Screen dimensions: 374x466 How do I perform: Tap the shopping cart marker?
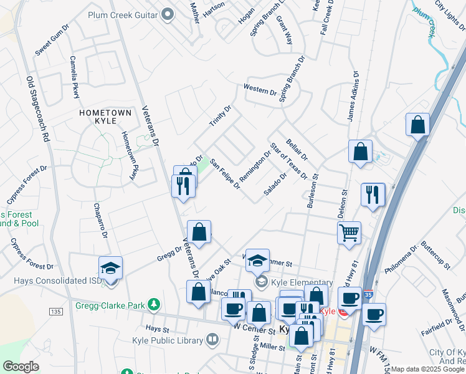coord(349,233)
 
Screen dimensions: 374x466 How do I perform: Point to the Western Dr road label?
coord(260,90)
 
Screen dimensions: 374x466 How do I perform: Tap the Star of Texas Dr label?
coord(289,161)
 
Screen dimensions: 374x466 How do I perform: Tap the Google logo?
coord(21,367)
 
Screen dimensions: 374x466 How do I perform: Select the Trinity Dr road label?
coord(220,117)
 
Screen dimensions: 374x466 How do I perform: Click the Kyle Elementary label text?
coord(302,283)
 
